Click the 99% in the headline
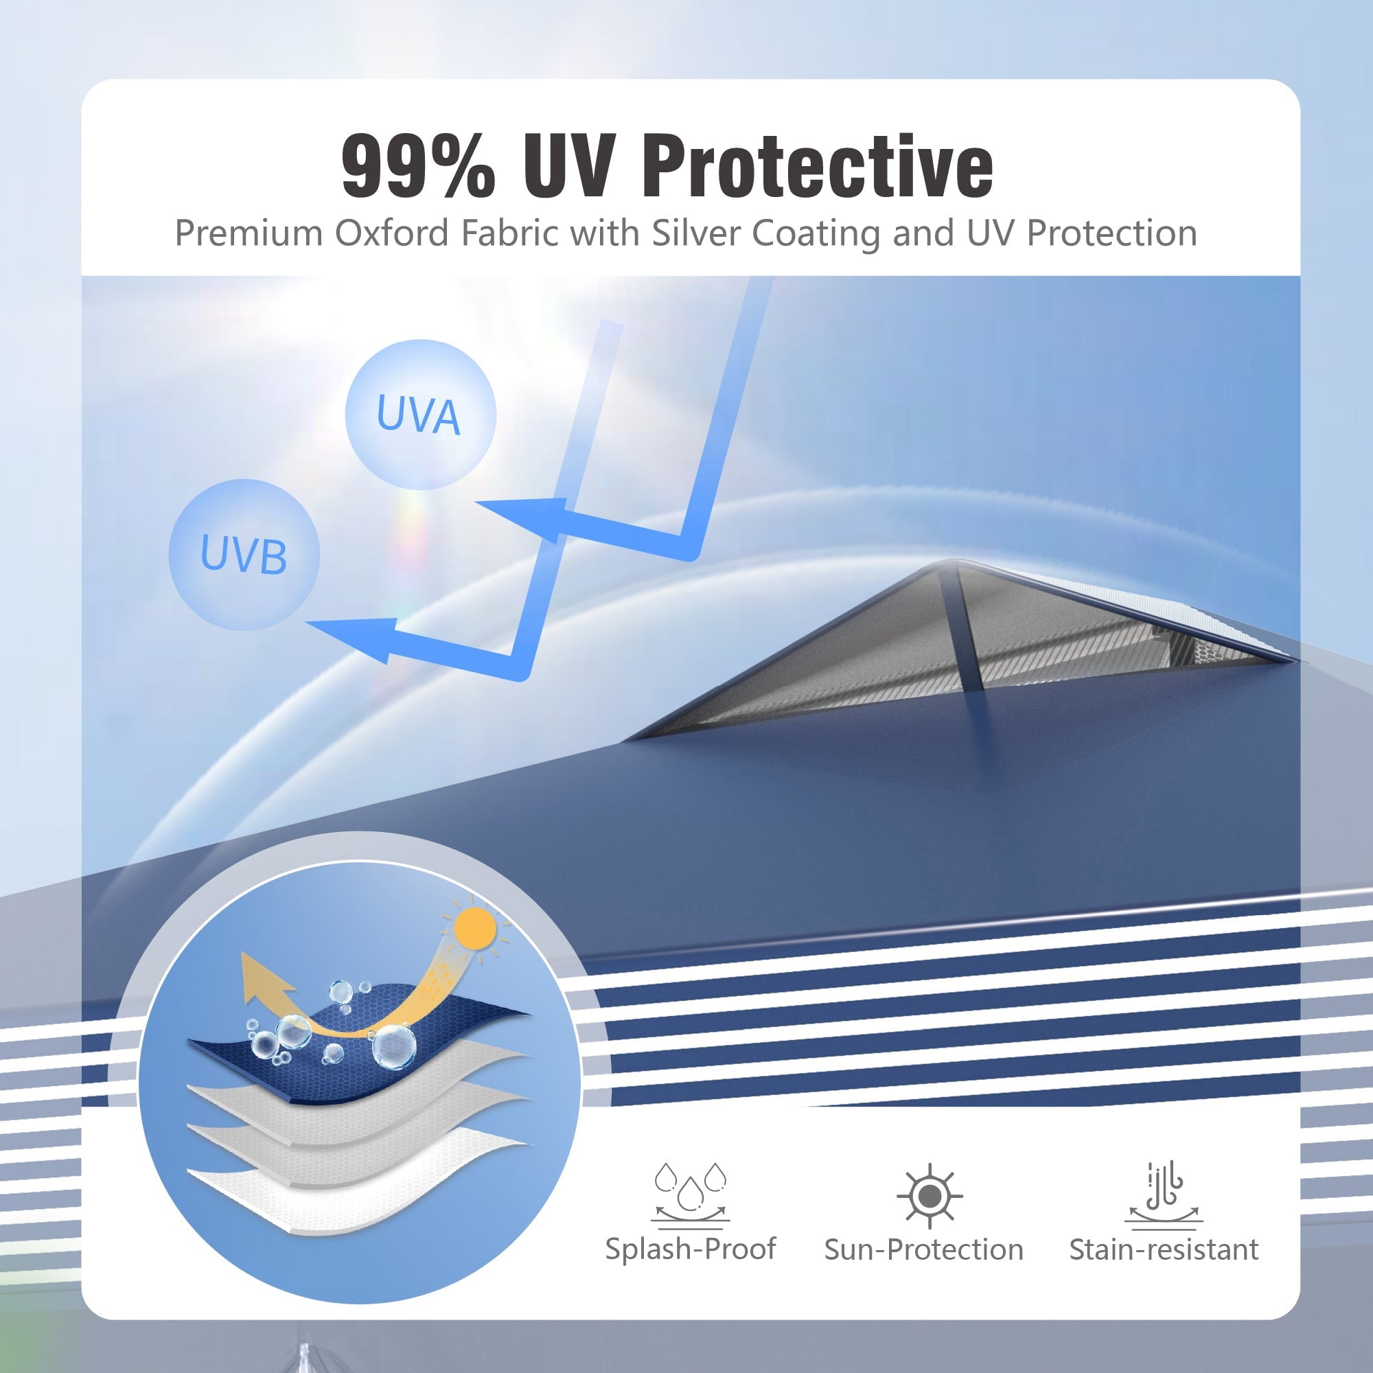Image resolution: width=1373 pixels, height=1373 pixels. coord(418,166)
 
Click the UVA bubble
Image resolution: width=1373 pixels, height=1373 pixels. coord(420,415)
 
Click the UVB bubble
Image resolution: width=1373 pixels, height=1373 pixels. coord(244,555)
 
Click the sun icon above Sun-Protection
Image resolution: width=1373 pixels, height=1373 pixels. coord(930,1197)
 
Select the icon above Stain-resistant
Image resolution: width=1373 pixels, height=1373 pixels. coord(1164,1195)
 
